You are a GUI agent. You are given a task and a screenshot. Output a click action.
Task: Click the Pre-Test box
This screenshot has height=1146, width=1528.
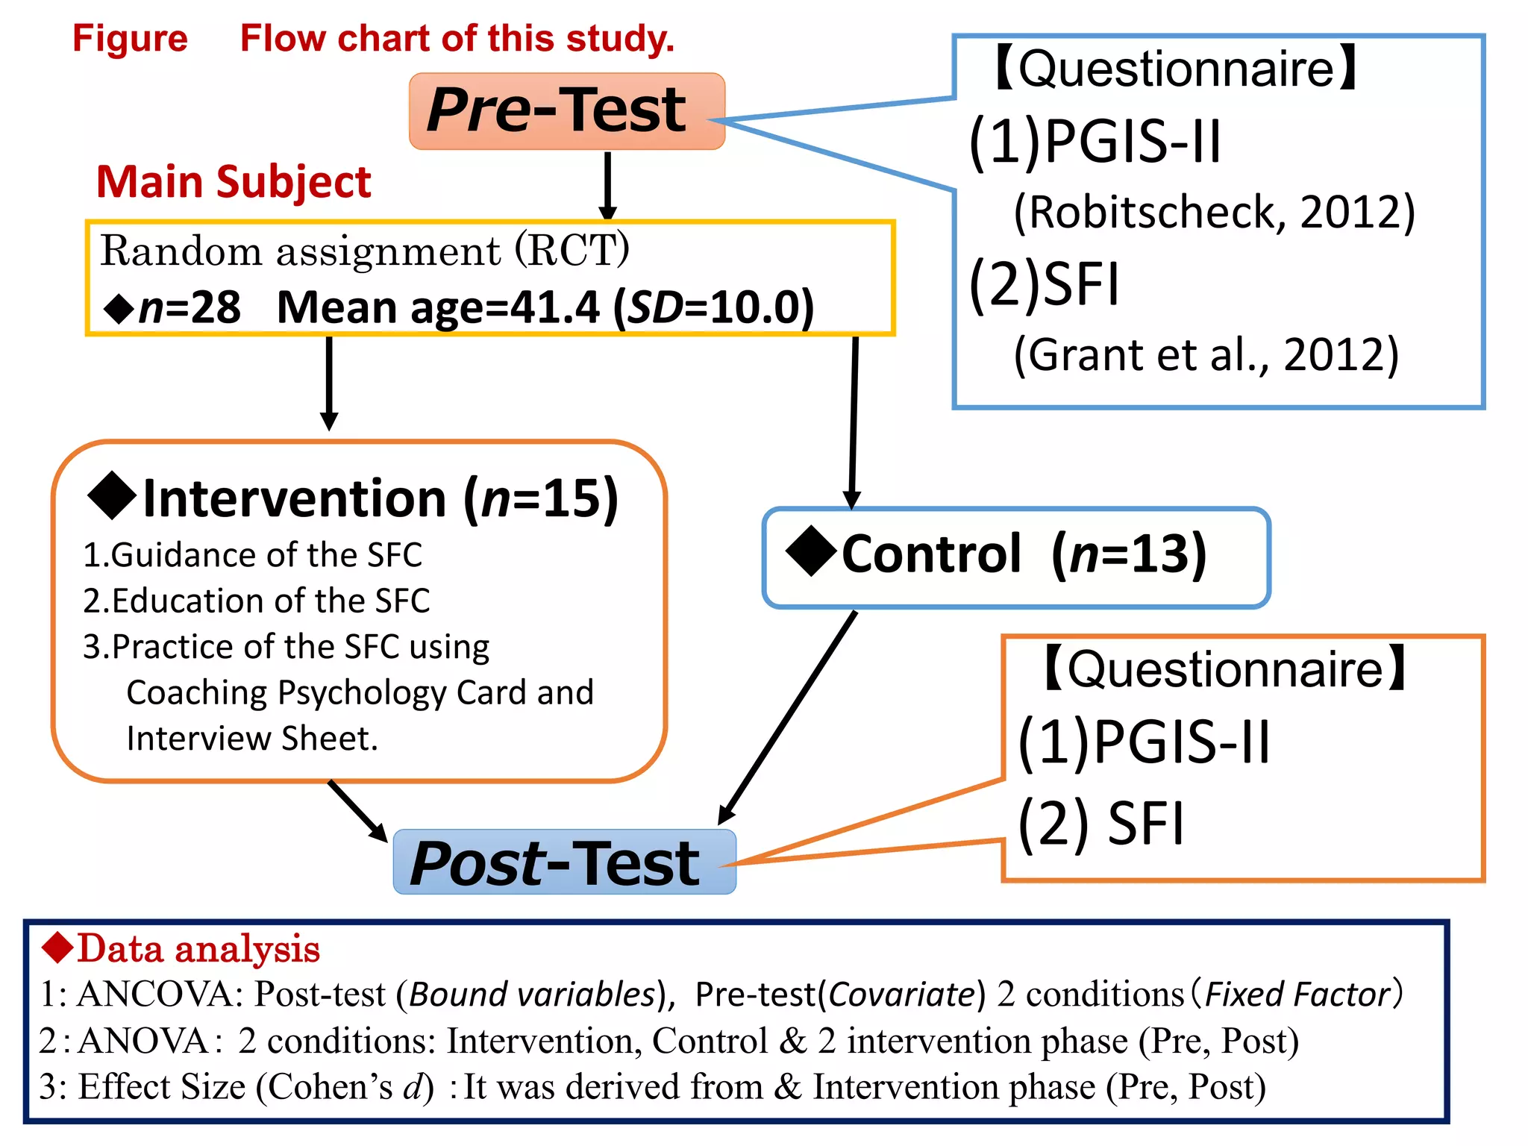tap(566, 111)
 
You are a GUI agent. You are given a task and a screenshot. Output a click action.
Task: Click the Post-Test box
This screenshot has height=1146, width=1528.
tap(563, 862)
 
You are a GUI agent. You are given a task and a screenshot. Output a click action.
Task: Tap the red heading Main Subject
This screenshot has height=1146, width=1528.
tap(234, 182)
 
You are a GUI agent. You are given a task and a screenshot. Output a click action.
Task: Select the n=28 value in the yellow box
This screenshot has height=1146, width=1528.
tap(190, 307)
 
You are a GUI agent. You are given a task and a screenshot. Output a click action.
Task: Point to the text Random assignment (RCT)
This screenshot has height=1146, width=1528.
tap(364, 251)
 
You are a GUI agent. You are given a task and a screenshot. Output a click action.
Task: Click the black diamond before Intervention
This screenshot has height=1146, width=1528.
tap(112, 496)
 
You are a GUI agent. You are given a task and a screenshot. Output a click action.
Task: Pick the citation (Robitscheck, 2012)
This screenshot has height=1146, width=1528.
tap(1214, 213)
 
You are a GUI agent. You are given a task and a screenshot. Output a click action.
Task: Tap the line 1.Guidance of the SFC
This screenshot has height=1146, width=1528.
tap(252, 555)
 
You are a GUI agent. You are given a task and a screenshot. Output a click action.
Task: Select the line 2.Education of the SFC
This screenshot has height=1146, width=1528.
tap(256, 601)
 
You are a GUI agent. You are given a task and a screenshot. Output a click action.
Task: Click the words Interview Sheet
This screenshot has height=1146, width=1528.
tap(252, 739)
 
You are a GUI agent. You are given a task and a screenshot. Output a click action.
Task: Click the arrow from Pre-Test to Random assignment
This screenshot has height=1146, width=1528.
tap(608, 185)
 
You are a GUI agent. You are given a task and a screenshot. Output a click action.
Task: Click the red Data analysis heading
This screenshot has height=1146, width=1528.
tap(198, 949)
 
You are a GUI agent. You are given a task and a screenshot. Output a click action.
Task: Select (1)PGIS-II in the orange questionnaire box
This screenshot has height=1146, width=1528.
tap(1144, 743)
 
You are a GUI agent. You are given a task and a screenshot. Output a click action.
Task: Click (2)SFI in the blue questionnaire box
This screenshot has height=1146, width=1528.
tap(1044, 284)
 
